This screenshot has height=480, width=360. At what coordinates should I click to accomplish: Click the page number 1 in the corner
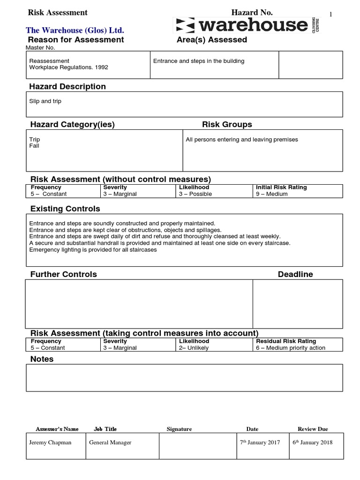[x=331, y=15]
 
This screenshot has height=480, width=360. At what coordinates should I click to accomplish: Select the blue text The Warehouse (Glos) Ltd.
[x=75, y=30]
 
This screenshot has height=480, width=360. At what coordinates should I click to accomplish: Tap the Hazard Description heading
[x=67, y=87]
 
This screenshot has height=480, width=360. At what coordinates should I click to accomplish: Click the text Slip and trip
[x=45, y=101]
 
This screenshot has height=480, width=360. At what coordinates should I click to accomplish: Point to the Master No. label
[x=40, y=48]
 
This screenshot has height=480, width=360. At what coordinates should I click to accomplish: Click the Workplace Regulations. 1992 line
[x=68, y=67]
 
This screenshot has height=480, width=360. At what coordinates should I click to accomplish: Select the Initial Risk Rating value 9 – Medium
[x=272, y=194]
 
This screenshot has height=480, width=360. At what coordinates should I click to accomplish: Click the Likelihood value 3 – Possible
[x=195, y=194]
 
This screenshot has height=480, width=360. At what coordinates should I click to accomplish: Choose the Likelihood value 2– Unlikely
[x=194, y=348]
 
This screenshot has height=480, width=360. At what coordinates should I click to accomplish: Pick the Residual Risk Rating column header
[x=286, y=341]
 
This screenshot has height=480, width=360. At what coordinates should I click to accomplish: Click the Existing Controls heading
[x=65, y=209]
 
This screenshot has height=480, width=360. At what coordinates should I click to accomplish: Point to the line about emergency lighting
[x=93, y=250]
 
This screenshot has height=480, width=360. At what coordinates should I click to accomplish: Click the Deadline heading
[x=295, y=274]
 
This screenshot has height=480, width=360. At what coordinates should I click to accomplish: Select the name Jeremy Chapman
[x=50, y=442]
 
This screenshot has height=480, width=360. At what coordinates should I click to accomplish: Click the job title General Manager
[x=110, y=442]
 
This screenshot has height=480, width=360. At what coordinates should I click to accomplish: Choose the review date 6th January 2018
[x=312, y=442]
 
